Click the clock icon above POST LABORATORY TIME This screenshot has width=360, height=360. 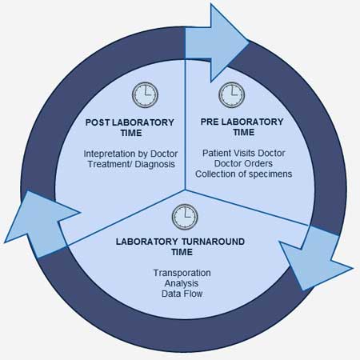click(x=145, y=94)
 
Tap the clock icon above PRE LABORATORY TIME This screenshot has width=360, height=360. click(x=231, y=94)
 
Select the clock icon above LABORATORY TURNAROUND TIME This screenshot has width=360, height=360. click(x=185, y=217)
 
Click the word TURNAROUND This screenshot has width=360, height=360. click(x=213, y=242)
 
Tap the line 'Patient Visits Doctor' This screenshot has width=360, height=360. click(x=244, y=153)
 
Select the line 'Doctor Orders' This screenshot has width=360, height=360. click(x=243, y=163)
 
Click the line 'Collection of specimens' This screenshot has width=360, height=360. click(x=244, y=174)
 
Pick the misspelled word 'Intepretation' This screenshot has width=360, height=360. click(x=110, y=154)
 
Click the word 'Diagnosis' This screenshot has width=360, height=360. click(x=155, y=164)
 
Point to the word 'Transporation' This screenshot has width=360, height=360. click(x=182, y=273)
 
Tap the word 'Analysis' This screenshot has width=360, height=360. click(x=182, y=283)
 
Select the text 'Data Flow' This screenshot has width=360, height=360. click(x=182, y=294)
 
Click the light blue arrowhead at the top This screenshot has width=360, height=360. click(x=217, y=42)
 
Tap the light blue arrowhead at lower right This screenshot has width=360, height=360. click(x=316, y=258)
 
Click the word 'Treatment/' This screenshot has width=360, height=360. click(x=110, y=164)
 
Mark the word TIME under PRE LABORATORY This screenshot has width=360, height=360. click(x=244, y=132)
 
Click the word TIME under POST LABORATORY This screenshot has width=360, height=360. click(x=131, y=133)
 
